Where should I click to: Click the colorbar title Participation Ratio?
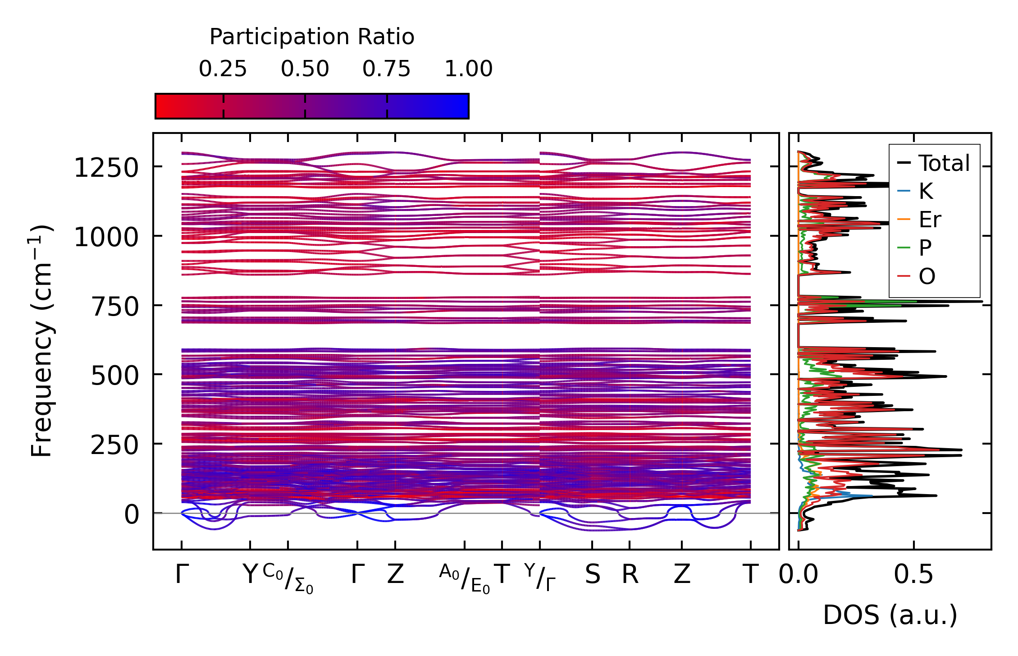[x=312, y=37]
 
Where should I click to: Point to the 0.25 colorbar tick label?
[x=223, y=69]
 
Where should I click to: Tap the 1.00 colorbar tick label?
[x=468, y=69]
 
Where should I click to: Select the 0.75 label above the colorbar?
[x=386, y=69]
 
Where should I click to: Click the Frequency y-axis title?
[x=41, y=341]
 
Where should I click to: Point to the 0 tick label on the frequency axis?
[x=132, y=514]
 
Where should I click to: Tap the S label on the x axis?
[x=592, y=575]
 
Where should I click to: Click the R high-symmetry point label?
[x=630, y=575]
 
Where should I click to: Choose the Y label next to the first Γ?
[x=250, y=575]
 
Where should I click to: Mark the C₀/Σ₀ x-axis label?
[x=288, y=578]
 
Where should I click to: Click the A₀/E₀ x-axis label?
[x=465, y=578]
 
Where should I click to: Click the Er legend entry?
[x=930, y=220]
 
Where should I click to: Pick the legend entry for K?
[x=926, y=191]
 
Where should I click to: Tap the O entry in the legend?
[x=927, y=276]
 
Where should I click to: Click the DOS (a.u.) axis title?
[x=890, y=615]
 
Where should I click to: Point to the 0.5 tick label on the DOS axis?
[x=913, y=575]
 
